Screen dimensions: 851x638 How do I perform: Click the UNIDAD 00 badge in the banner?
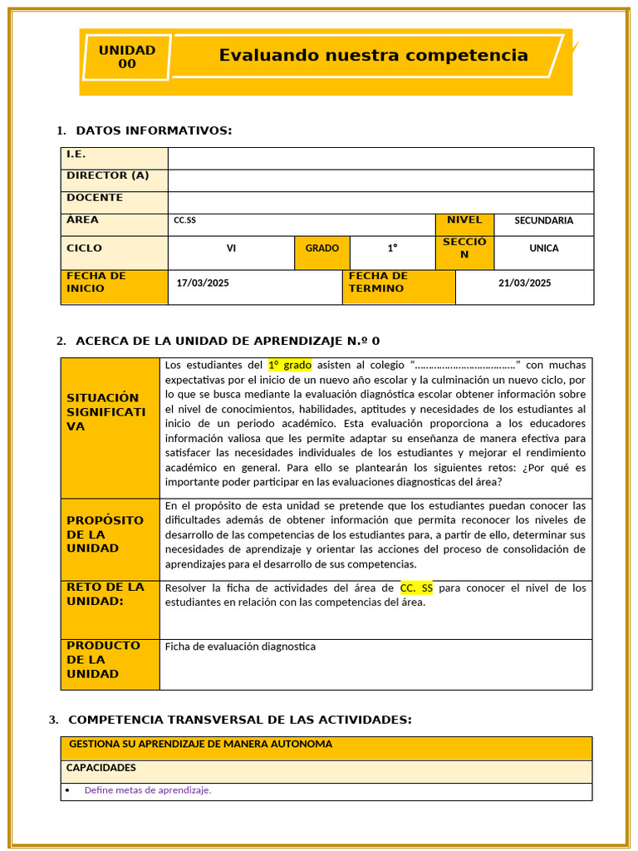[x=127, y=57]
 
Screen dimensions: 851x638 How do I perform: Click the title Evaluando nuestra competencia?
[x=373, y=56]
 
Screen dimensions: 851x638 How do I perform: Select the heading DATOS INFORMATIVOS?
[x=154, y=130]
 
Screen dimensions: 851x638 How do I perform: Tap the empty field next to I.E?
[x=380, y=158]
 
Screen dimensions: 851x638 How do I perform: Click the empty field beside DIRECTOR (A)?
[x=380, y=180]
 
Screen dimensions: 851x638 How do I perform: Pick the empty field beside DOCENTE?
[x=380, y=203]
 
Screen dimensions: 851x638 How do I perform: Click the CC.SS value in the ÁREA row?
[x=185, y=221]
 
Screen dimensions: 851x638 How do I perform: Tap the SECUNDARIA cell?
[x=543, y=221]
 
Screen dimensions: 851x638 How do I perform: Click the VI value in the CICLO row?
[x=231, y=248]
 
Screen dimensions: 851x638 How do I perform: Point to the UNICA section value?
[x=543, y=248]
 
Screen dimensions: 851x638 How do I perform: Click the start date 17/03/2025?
[x=203, y=283]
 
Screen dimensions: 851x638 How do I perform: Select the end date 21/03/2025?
[x=524, y=283]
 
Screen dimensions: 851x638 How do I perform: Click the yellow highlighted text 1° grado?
[x=289, y=365]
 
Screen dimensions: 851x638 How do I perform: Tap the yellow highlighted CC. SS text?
[x=416, y=588]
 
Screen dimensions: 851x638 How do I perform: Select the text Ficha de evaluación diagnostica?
[x=240, y=647]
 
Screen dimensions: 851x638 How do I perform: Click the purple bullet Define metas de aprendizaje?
[x=147, y=790]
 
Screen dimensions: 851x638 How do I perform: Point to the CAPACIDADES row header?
[x=101, y=768]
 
